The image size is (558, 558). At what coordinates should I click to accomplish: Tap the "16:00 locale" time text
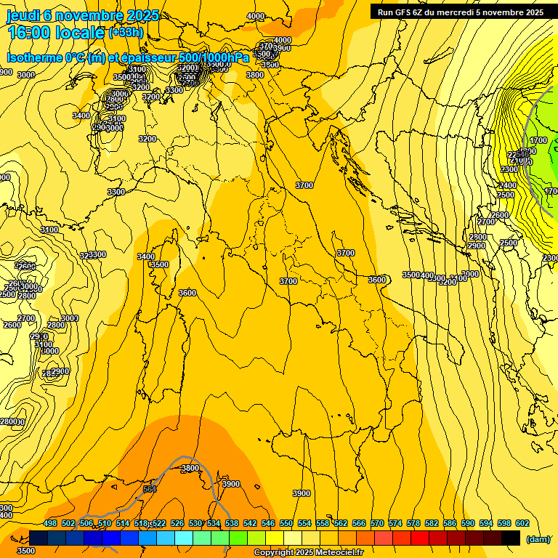(x=54, y=33)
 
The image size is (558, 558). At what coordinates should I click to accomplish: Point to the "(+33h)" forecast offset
(x=125, y=33)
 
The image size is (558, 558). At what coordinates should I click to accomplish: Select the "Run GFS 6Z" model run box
(x=461, y=12)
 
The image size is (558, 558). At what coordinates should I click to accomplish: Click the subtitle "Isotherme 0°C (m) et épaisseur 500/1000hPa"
(x=128, y=58)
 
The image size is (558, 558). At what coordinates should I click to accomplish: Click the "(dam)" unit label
(x=538, y=539)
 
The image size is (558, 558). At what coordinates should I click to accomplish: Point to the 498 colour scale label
(x=50, y=523)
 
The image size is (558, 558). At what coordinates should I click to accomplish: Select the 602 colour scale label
(x=522, y=523)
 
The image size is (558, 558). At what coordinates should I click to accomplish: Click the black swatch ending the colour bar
(x=511, y=538)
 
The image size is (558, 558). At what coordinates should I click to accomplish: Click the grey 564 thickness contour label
(x=150, y=490)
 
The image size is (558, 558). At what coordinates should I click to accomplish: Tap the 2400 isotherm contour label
(x=508, y=186)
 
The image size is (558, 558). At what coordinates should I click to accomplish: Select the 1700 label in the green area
(x=538, y=141)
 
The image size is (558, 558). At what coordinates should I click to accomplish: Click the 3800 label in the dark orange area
(x=190, y=469)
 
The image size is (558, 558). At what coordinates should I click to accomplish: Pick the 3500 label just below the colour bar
(x=25, y=551)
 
